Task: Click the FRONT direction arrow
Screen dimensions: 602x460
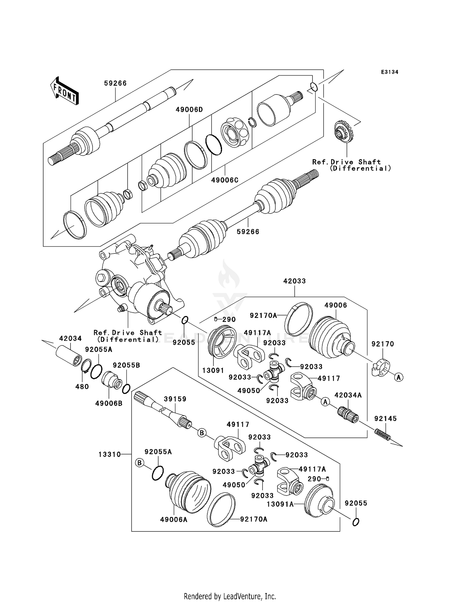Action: pos(64,91)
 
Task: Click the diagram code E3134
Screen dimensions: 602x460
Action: pos(389,72)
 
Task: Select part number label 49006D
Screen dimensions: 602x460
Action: pos(189,110)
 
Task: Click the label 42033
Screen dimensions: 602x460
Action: pos(294,281)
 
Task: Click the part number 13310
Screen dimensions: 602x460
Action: pos(109,454)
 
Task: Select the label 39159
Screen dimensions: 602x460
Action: pos(175,399)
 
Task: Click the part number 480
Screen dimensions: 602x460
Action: pos(82,387)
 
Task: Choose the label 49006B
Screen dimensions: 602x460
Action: pos(109,403)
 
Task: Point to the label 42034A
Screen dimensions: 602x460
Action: pos(348,395)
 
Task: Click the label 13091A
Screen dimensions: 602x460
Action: pos(280,504)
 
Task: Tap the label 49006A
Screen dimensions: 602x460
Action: pos(174,519)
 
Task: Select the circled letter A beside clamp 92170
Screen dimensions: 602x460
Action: pos(399,377)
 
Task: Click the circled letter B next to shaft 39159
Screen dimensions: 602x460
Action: pos(202,433)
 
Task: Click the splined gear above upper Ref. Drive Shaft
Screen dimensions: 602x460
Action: pos(342,132)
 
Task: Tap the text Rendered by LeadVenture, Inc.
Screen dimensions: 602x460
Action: pos(230,596)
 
